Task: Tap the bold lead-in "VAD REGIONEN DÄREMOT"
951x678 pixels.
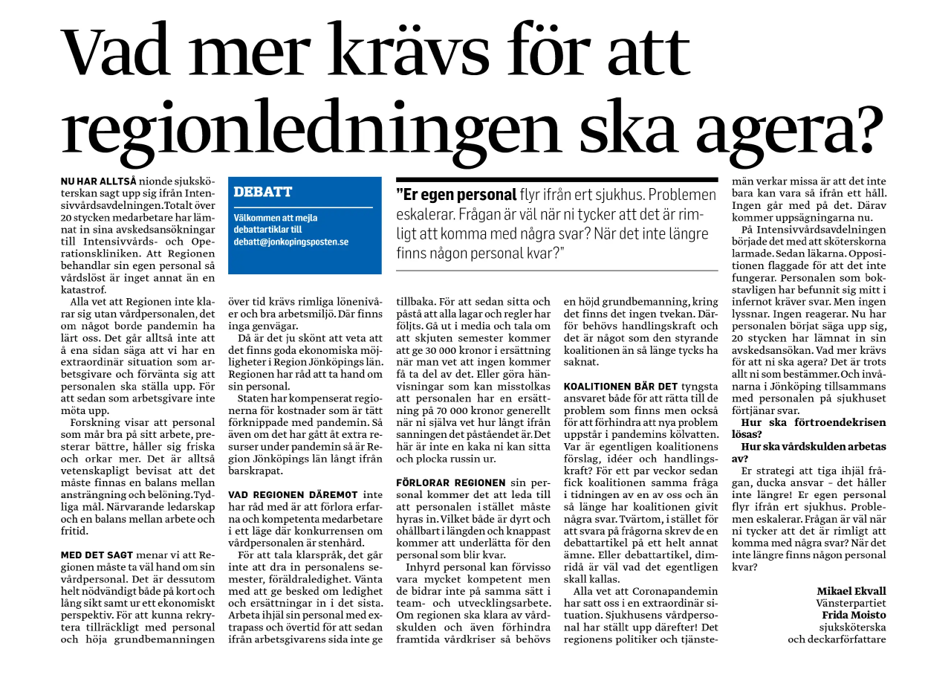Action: (283, 494)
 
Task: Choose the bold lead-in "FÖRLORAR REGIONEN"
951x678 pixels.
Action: (441, 482)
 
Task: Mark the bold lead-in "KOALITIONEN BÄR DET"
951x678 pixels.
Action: (620, 387)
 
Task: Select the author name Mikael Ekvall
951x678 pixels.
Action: (851, 591)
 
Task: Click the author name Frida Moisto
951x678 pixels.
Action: (854, 615)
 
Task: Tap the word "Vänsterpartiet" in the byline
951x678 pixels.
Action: (851, 603)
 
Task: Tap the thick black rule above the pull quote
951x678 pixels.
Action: (557, 180)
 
